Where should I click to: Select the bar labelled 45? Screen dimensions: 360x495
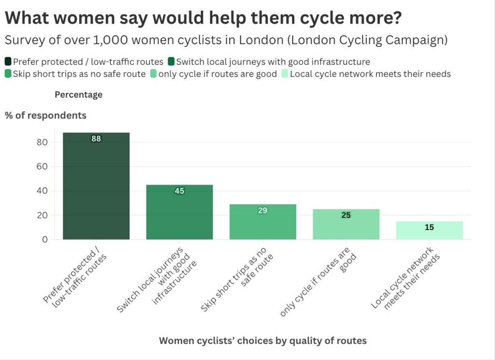coord(179,212)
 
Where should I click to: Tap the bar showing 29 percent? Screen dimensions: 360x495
coord(262,222)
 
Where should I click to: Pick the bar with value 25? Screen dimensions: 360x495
coord(346,224)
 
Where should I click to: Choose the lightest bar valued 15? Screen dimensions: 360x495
coord(429,230)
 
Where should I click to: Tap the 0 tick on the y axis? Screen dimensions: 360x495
coord(44,239)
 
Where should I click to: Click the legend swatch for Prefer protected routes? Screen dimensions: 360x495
coord(8,61)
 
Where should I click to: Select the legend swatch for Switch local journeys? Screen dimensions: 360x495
coord(171,61)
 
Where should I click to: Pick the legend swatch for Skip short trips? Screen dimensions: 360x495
coord(8,74)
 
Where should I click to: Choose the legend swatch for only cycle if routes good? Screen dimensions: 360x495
coord(154,74)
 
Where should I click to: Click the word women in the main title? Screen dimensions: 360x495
coord(79,18)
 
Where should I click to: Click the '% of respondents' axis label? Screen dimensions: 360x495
coord(46,115)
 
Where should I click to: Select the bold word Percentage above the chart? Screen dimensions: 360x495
coord(78,95)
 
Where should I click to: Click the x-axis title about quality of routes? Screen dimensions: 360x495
coord(262,341)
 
